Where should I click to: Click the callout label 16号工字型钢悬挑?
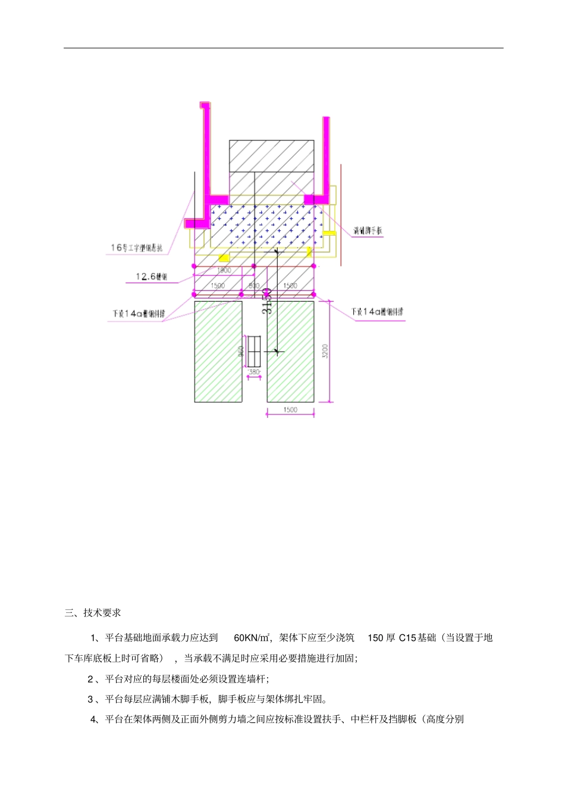coord(136,248)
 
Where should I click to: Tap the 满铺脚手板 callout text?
coord(368,231)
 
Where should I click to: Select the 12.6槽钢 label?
coord(151,277)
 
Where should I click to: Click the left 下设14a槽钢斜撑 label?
coord(139,314)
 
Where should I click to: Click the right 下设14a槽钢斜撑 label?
coord(377,312)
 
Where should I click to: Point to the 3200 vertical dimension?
coord(325,351)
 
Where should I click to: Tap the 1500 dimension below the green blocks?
coord(290,410)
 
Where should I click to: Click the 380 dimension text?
coord(254,372)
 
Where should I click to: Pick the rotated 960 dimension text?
coord(241,352)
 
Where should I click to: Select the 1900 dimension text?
coord(224,271)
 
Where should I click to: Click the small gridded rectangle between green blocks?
coord(254,352)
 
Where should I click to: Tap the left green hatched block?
coord(218,351)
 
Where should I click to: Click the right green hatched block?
coord(290,351)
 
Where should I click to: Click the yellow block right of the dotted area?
coord(329,233)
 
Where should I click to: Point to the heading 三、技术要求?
coord(93,613)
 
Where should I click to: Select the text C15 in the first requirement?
coord(407,638)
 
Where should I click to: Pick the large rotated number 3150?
coord(268,301)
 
